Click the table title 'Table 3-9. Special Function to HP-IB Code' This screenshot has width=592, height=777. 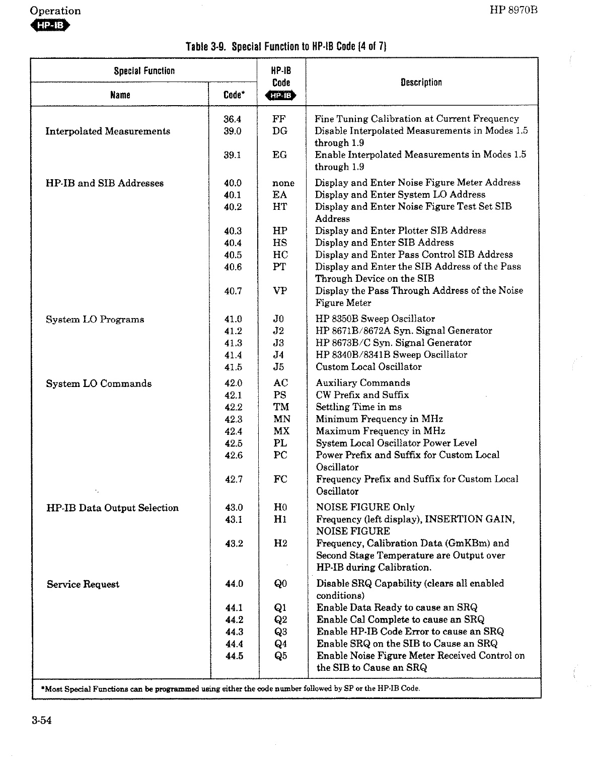[x=286, y=47]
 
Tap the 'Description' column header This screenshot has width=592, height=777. [x=421, y=83]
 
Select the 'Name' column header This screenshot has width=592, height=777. [x=120, y=95]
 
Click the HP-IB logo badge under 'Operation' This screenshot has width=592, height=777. [x=50, y=26]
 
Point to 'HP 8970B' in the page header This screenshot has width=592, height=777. [x=513, y=11]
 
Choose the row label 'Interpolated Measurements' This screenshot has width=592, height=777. [x=108, y=131]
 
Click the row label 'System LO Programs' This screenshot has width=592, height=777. [x=95, y=320]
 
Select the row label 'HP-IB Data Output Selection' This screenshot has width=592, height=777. [x=112, y=508]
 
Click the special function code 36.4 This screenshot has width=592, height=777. [x=233, y=119]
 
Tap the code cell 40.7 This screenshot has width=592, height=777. [x=233, y=291]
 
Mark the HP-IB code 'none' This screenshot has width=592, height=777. [x=283, y=183]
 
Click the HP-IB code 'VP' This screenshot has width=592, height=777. [x=280, y=291]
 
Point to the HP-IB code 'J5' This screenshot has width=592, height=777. [x=279, y=367]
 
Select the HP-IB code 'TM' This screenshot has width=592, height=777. [x=281, y=407]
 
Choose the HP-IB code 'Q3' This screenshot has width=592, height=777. [x=280, y=632]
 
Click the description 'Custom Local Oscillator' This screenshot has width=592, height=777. [x=368, y=367]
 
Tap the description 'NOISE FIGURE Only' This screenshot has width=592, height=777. [x=365, y=507]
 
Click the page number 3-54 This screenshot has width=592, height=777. [x=42, y=721]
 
